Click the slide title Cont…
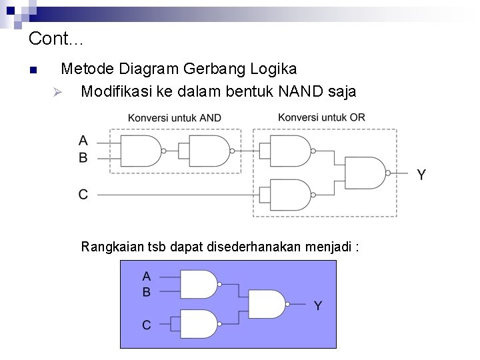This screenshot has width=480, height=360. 56,39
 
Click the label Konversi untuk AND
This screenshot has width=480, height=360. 175,118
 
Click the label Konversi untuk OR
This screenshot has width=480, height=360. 321,117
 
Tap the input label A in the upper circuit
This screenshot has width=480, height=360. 83,141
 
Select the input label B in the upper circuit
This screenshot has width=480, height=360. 83,158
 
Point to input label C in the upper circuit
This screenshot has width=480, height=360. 83,194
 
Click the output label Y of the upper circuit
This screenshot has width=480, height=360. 421,175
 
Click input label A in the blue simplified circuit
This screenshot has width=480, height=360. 147,276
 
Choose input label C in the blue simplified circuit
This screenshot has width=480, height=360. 147,325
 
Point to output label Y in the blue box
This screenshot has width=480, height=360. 318,306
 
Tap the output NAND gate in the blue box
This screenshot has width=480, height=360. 267,304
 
